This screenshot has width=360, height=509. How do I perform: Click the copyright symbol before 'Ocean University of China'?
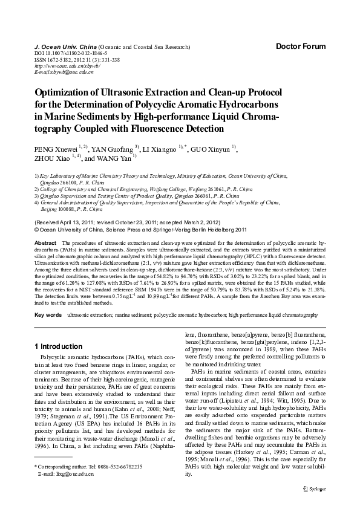pos(38,230)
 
